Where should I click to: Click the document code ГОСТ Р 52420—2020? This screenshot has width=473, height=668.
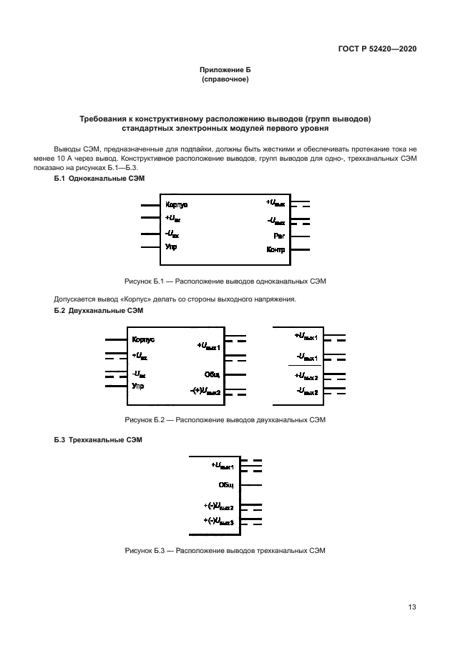pos(377,49)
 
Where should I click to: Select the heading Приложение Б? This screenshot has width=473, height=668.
pos(225,69)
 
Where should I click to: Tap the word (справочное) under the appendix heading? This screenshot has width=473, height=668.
pos(225,79)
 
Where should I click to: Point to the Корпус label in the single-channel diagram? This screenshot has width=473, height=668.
pos(176,204)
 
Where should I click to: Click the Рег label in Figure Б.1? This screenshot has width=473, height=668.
pos(279,235)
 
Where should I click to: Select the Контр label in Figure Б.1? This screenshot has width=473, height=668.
pos(275,249)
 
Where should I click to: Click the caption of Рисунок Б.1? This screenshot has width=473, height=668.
pos(225,281)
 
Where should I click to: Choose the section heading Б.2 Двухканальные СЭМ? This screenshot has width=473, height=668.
pos(99,311)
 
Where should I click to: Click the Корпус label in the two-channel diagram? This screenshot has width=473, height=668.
pos(143,340)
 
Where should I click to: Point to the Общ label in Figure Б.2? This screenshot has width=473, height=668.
pos(213,374)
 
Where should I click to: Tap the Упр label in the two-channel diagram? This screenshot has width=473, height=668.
pos(137,386)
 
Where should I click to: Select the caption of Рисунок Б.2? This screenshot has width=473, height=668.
pos(225,420)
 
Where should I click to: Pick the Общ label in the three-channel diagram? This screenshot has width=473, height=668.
pos(226,485)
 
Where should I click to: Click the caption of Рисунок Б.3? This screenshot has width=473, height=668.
pos(225,551)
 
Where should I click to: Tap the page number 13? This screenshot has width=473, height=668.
pos(411,607)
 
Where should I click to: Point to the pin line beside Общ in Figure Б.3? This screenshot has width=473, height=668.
pos(251,485)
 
